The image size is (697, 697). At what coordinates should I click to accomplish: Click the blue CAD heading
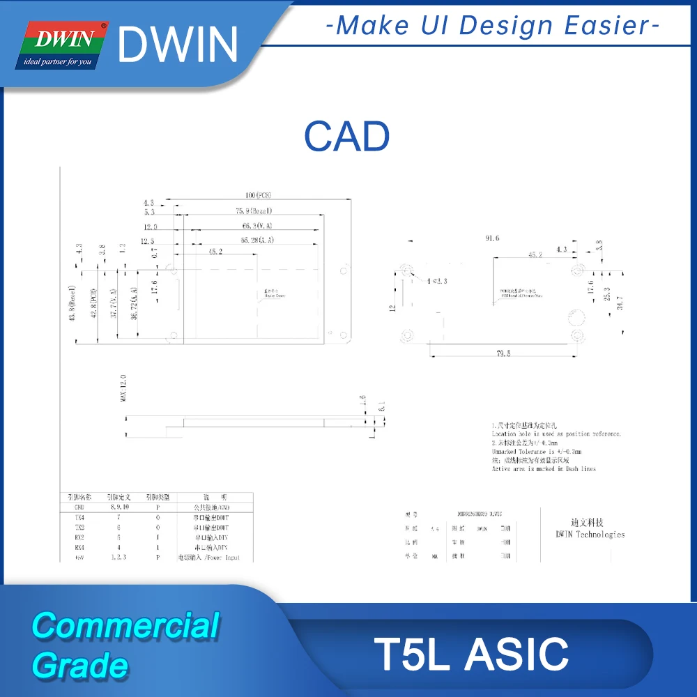point(346,137)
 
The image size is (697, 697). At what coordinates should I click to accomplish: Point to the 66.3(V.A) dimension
point(257,226)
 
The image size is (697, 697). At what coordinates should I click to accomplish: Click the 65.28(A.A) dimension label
point(257,240)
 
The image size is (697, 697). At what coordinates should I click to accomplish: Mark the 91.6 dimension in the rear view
point(492,238)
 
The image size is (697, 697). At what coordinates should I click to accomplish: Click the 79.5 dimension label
point(503,354)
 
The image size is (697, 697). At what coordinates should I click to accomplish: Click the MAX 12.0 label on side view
point(123,389)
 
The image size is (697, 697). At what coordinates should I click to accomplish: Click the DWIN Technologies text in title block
point(590,535)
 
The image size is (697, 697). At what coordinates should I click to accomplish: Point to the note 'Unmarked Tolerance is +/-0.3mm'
point(536,452)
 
